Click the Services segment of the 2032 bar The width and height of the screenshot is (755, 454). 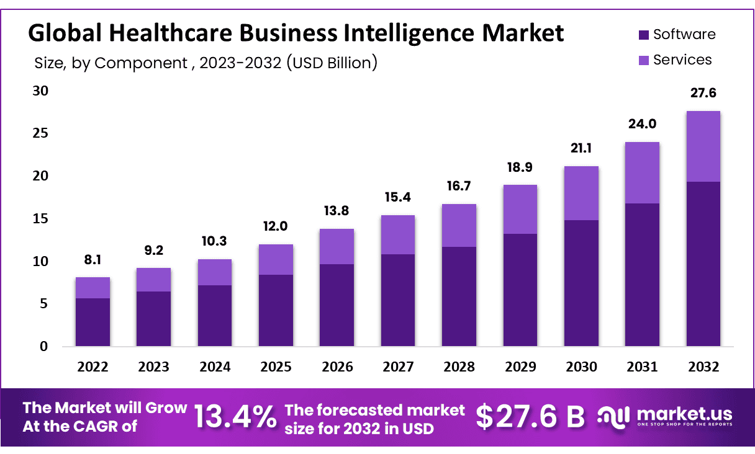pos(703,146)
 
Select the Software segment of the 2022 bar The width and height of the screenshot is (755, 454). pos(93,322)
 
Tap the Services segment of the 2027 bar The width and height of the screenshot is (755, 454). pos(398,234)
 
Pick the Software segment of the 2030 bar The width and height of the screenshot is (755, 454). pos(581,283)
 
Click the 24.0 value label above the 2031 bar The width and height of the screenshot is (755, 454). pos(642,123)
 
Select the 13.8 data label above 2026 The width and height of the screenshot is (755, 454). pos(337,210)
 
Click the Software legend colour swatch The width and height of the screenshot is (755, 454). pos(643,35)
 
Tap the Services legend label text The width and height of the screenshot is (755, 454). pos(682,60)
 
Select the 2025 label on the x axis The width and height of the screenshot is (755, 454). pos(276,367)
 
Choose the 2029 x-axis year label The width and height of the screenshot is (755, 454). pos(520,367)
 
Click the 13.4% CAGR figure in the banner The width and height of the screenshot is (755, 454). pos(235,417)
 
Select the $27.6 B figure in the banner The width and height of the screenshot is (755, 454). pos(530,417)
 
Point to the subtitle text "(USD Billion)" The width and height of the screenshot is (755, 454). pos(332,63)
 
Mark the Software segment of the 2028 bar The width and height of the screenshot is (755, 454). pos(459,296)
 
